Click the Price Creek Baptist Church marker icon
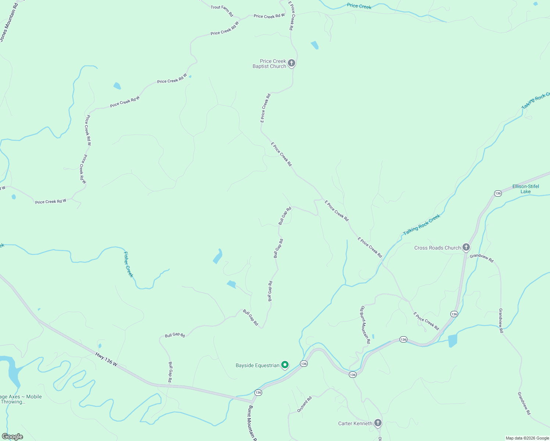point(292,63)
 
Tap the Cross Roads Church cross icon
point(466,247)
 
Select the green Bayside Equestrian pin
point(285,365)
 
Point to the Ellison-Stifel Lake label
point(525,189)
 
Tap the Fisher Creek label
point(128,265)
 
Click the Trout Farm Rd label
point(222,11)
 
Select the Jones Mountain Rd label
point(9,22)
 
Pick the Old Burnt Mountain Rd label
point(365,325)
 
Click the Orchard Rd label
point(305,404)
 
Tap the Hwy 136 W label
point(106,359)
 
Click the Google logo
point(12,437)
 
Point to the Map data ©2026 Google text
point(527,438)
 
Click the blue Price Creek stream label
point(359,6)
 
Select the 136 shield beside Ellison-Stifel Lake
point(498,193)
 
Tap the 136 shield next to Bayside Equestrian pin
point(303,363)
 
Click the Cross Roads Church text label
point(437,248)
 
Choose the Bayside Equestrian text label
point(257,365)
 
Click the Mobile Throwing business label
point(21,399)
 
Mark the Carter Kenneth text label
point(355,423)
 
